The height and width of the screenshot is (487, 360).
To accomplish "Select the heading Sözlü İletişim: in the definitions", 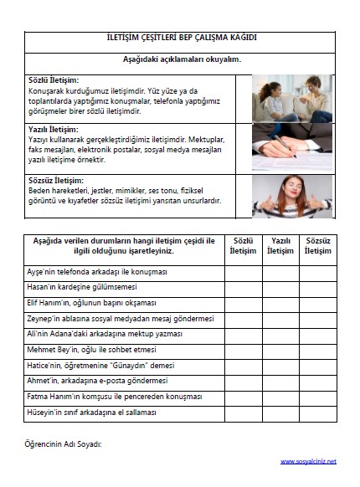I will [53, 79].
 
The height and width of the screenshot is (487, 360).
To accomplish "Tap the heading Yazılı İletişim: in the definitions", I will [53, 130].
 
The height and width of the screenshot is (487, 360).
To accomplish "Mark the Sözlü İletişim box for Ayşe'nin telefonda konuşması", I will [243, 273].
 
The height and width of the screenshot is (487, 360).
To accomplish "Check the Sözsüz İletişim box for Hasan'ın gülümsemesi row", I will [317, 288].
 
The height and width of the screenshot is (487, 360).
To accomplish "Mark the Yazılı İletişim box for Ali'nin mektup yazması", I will [280, 334].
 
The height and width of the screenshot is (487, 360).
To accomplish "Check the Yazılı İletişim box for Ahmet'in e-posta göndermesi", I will [280, 380].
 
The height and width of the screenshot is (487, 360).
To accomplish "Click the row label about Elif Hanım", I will [92, 303].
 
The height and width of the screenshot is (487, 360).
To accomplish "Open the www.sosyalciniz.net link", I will [307, 461].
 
